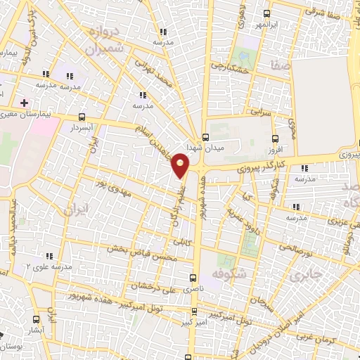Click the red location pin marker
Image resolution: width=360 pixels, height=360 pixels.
pyautogui.click(x=181, y=166)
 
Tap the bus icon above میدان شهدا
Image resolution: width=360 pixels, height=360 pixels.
pyautogui.click(x=206, y=137)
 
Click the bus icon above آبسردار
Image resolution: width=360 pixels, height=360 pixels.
pyautogui.click(x=83, y=118)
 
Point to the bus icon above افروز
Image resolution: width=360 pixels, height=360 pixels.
pyautogui.click(x=275, y=139)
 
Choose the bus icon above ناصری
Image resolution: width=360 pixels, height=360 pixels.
pyautogui.click(x=195, y=278)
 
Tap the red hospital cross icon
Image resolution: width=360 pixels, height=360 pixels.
pyautogui.click(x=25, y=103)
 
